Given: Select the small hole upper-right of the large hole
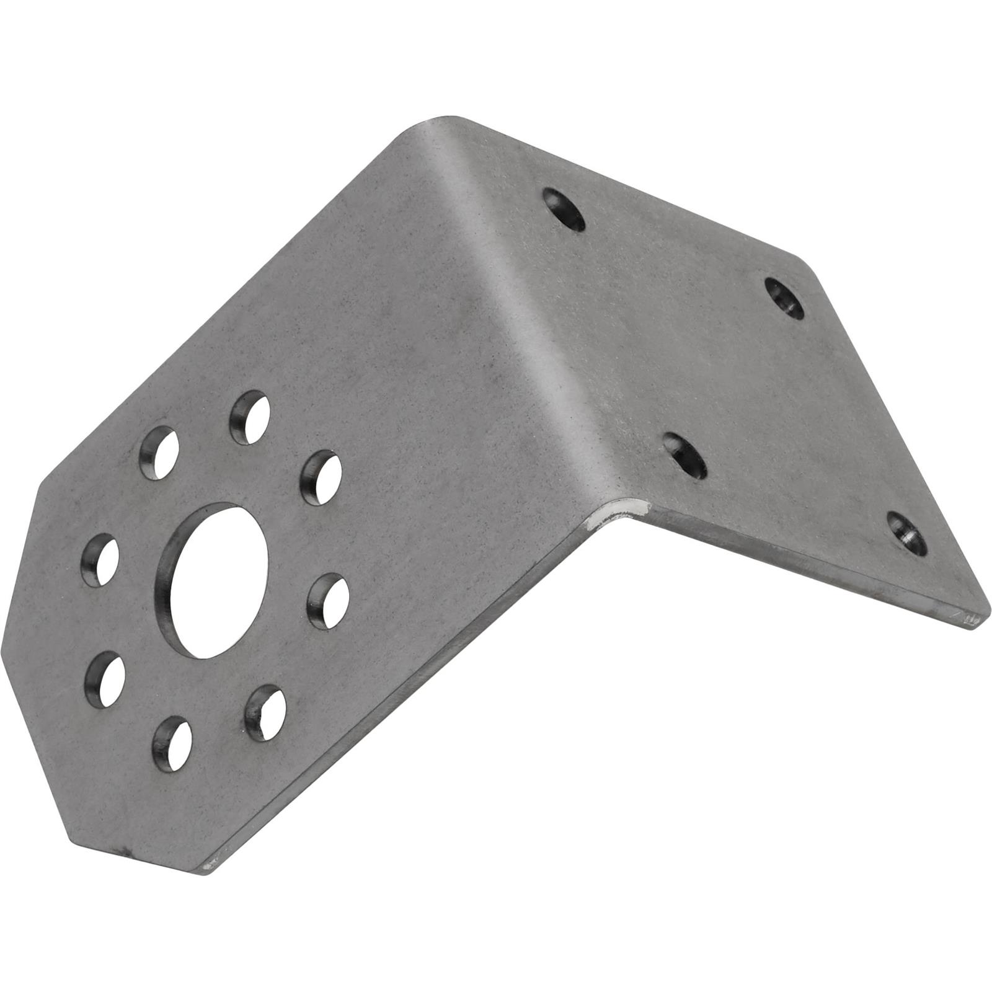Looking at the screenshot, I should pos(321,478).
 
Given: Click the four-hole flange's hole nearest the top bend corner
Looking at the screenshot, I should pos(564,210).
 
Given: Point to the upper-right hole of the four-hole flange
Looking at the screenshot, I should pos(784,298).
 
